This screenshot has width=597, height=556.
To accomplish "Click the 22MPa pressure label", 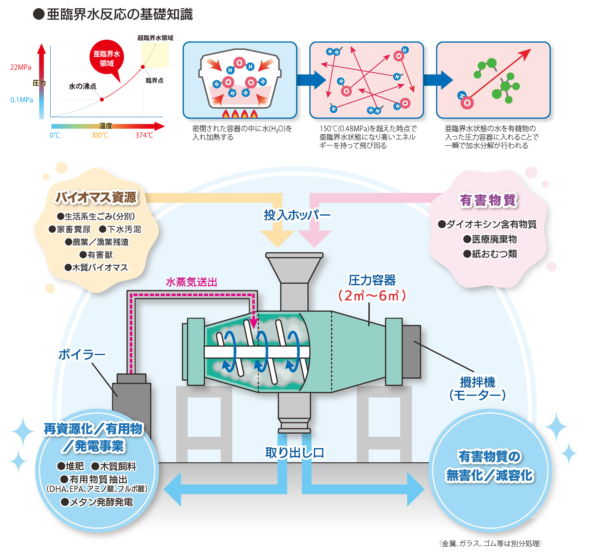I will [x=20, y=67].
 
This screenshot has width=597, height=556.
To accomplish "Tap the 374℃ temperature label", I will [x=144, y=135].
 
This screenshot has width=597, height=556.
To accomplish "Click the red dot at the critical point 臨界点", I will [x=143, y=67].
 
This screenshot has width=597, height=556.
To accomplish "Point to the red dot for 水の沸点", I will [x=102, y=99].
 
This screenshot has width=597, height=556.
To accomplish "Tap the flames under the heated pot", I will [x=239, y=114].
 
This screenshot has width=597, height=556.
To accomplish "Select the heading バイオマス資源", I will [x=96, y=198].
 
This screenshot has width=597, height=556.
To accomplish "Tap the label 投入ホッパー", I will [x=297, y=215].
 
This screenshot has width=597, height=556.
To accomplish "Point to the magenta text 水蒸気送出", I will [x=191, y=282].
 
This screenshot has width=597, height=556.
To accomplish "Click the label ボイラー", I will [x=82, y=355].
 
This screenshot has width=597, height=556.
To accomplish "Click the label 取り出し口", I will [x=294, y=452].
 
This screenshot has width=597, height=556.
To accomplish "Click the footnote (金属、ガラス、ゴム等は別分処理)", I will [x=490, y=543].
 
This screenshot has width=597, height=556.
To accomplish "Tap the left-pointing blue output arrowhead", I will [x=173, y=489].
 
